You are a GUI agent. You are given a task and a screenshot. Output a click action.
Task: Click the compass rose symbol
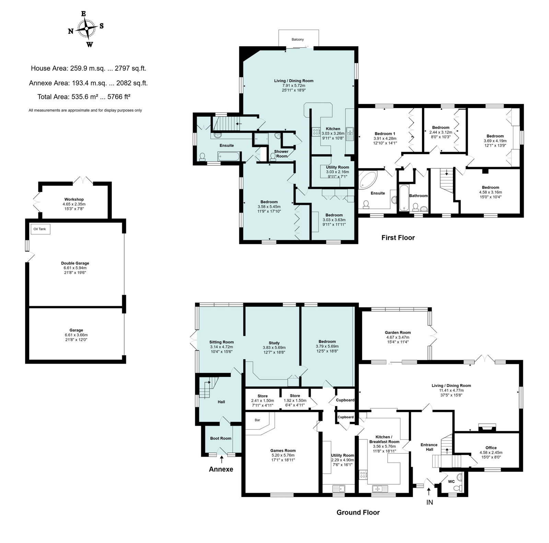click(x=86, y=29)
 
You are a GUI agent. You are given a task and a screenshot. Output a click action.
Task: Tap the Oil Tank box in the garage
click(x=40, y=229)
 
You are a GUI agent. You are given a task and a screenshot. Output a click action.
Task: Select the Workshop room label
click(x=74, y=199)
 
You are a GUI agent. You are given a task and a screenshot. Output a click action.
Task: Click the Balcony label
click(x=297, y=39)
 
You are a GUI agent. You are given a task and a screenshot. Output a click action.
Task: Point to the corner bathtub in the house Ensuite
click(x=367, y=180)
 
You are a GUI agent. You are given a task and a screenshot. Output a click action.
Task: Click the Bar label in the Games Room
click(x=257, y=420)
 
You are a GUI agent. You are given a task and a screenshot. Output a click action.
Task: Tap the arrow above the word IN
click(x=429, y=491)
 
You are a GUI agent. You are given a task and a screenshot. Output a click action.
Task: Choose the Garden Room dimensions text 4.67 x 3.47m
click(x=398, y=337)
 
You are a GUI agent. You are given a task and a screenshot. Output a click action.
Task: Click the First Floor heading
click(x=398, y=238)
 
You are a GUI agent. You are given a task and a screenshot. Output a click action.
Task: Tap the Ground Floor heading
click(x=358, y=512)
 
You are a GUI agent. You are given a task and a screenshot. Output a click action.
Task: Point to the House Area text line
click(x=89, y=68)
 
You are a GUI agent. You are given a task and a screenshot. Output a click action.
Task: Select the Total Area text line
click(x=84, y=97)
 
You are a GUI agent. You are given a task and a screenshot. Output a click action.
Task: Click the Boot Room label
click(x=221, y=438)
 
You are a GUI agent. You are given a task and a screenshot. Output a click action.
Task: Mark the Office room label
click(x=491, y=448)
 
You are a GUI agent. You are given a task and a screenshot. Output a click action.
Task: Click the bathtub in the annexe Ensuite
click(x=229, y=157)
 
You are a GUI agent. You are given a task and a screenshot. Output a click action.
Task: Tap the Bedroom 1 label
click(x=385, y=134)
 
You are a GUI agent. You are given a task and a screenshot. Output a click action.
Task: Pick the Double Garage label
click(x=75, y=263)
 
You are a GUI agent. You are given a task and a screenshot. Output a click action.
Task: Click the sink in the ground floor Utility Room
click(x=338, y=488)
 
